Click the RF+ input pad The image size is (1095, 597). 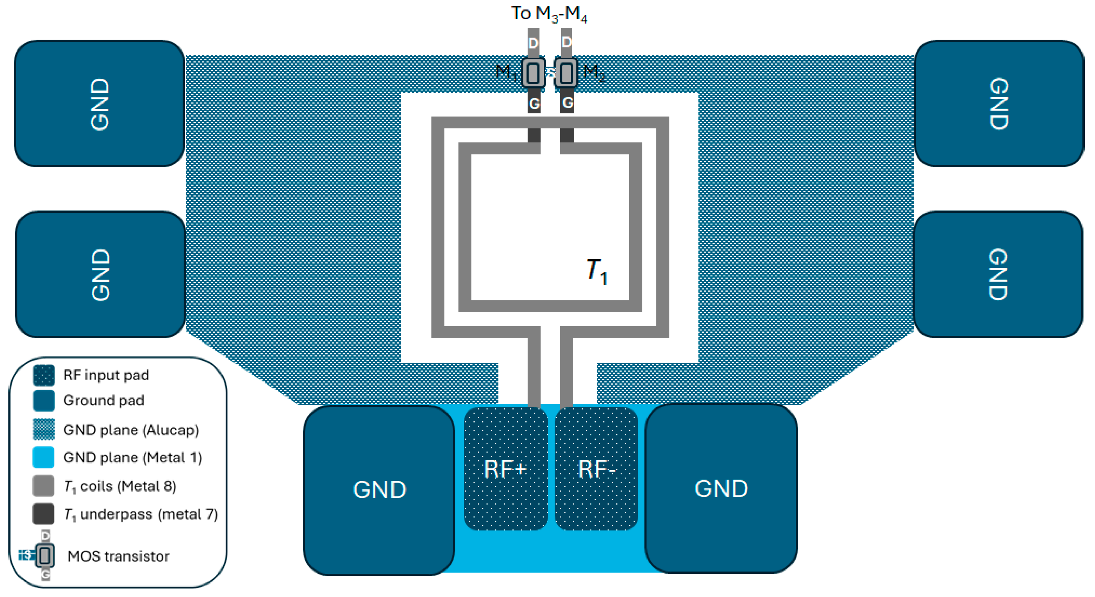tap(506, 469)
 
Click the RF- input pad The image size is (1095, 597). tap(596, 469)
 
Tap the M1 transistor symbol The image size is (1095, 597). tap(533, 73)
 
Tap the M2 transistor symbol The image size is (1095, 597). tap(566, 73)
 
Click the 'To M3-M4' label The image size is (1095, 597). tap(549, 14)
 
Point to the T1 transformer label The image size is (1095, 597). tap(596, 271)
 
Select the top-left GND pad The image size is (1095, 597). tap(100, 104)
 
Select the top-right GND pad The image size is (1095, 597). tap(999, 104)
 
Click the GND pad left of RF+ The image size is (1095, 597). tap(379, 489)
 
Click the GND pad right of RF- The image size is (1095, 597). tap(721, 489)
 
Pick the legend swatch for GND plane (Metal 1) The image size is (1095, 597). tap(43, 457)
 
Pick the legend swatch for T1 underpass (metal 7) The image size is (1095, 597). tap(43, 514)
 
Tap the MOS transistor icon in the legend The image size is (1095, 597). tap(44, 555)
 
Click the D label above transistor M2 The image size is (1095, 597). tap(566, 42)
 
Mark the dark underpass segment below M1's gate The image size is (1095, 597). tap(534, 135)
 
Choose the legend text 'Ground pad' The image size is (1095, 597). tap(103, 400)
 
